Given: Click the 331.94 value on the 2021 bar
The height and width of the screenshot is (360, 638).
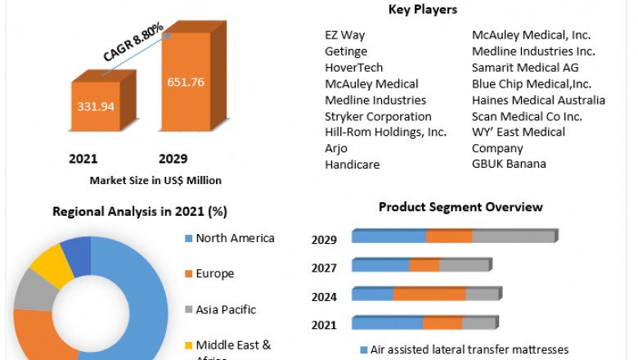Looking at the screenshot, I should pyautogui.click(x=97, y=106).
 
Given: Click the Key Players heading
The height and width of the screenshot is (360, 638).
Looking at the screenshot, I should pyautogui.click(x=423, y=10).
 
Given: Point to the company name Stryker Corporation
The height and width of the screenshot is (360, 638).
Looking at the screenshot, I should pyautogui.click(x=378, y=116).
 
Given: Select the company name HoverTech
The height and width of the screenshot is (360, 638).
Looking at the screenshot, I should pyautogui.click(x=353, y=67).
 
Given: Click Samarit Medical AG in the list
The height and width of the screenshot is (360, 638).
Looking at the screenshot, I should pyautogui.click(x=525, y=67).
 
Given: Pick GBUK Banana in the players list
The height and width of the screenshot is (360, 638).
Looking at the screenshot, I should pyautogui.click(x=509, y=164).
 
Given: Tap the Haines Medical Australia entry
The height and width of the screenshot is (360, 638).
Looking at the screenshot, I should pyautogui.click(x=538, y=100).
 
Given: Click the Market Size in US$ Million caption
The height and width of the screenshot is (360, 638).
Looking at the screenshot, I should pyautogui.click(x=155, y=179).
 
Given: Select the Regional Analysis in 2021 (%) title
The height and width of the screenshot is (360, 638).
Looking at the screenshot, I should pyautogui.click(x=139, y=211).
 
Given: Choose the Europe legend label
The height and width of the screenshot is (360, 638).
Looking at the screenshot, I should pyautogui.click(x=214, y=273).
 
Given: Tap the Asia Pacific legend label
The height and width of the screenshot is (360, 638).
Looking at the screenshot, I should pyautogui.click(x=226, y=309).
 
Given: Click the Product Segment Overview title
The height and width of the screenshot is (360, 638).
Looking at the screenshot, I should pyautogui.click(x=461, y=207).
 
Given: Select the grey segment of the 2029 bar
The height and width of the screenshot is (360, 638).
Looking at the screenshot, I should pyautogui.click(x=514, y=236).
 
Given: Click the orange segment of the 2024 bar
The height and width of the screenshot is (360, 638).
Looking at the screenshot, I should pyautogui.click(x=429, y=295).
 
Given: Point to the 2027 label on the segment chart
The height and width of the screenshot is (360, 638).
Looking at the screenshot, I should pyautogui.click(x=324, y=268).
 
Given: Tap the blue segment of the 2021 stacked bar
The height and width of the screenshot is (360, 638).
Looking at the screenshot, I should pyautogui.click(x=387, y=323).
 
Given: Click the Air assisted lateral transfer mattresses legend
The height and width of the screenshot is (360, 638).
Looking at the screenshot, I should pyautogui.click(x=469, y=349).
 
